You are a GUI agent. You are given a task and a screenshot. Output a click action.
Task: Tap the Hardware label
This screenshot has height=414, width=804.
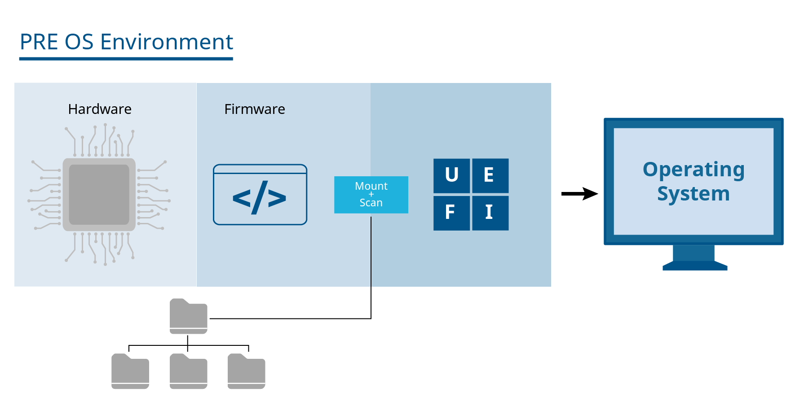100,109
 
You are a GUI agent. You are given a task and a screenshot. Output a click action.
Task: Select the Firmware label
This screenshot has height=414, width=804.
255,109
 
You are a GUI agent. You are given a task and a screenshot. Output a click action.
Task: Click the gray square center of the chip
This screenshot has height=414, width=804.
99,194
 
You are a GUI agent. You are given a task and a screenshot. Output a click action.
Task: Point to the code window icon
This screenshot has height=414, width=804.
260,195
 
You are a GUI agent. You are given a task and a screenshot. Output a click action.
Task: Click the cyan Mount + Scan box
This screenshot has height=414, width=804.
371,195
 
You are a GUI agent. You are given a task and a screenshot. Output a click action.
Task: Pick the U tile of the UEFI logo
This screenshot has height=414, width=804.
451,175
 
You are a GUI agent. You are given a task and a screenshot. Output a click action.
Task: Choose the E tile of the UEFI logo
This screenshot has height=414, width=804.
490,175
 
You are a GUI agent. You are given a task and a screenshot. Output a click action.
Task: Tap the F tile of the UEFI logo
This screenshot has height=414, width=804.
451,213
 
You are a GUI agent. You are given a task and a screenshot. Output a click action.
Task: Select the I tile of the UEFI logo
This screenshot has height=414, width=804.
490,213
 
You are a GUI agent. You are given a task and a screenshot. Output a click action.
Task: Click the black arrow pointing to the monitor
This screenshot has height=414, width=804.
579,194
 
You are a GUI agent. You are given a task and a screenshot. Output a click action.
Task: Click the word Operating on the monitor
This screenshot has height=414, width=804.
694,170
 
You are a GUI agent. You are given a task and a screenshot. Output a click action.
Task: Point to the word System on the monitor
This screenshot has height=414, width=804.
694,194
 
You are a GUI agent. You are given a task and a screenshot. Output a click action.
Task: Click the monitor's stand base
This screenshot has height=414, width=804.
694,266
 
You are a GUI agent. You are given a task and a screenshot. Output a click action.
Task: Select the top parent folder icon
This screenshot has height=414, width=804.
189,317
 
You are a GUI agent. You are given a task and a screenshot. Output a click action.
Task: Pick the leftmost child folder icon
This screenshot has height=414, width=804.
130,371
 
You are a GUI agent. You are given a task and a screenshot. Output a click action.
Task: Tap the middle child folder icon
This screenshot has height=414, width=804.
189,371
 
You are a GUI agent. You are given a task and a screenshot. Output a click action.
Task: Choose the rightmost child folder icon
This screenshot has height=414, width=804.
247,371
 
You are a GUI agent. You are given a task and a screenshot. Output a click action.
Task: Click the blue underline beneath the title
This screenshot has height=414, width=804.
126,58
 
